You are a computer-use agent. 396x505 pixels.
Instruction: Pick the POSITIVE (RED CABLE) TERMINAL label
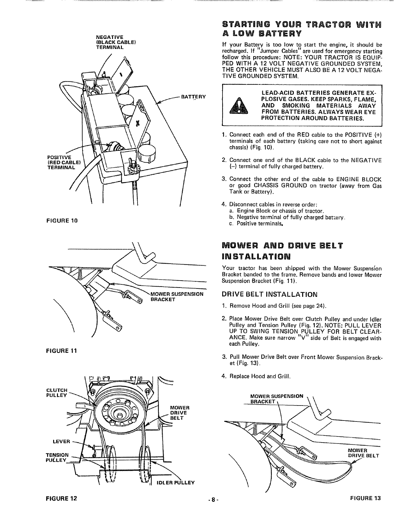pos(63,162)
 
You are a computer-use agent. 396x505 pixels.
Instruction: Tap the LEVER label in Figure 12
pos(61,442)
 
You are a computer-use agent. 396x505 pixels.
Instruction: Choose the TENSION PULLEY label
pos(57,457)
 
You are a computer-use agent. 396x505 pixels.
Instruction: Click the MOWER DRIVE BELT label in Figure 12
pos(180,413)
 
